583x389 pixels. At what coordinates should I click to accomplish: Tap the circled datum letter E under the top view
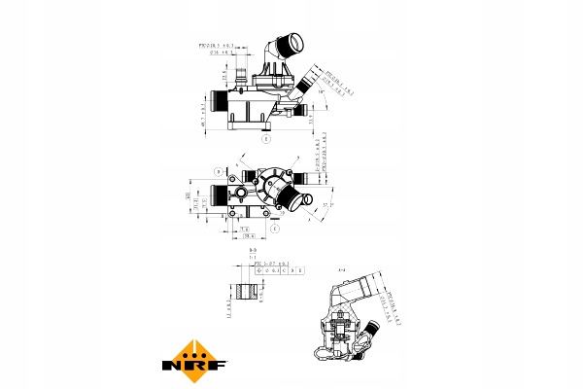click(265, 140)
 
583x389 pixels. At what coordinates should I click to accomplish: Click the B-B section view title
click(253, 251)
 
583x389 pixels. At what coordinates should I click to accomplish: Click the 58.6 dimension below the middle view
click(249, 234)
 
